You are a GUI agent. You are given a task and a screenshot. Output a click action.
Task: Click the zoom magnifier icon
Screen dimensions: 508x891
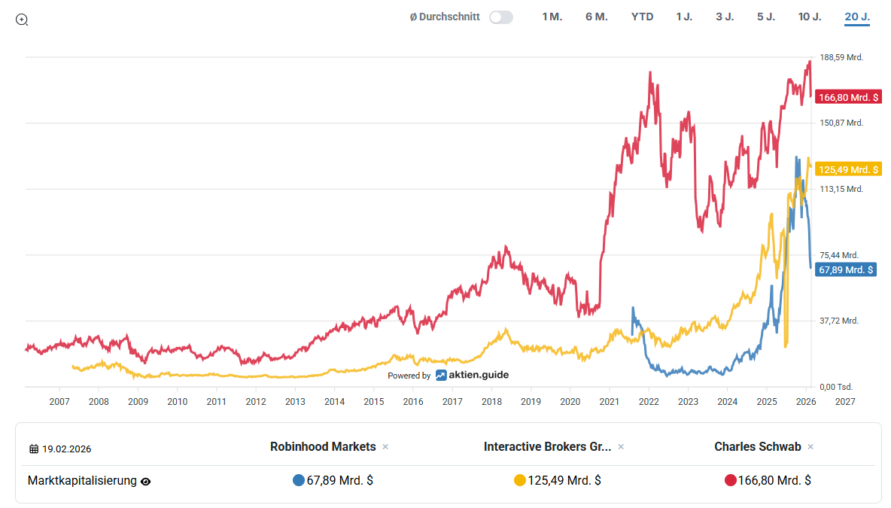pos(22,20)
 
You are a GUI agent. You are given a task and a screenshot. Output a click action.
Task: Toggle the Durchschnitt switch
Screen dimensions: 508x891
pos(500,17)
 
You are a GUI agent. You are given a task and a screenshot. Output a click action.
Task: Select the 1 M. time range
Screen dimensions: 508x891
pos(552,17)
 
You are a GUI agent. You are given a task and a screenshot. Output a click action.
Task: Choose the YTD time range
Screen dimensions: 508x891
pos(642,17)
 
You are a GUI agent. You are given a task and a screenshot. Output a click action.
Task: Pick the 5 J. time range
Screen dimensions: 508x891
pos(765,17)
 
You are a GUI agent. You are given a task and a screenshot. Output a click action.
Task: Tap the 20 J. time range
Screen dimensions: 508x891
pos(857,17)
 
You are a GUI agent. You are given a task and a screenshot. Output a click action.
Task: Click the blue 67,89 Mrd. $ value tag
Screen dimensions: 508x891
pos(846,269)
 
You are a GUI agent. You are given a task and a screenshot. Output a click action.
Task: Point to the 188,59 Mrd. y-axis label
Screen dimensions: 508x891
pos(841,57)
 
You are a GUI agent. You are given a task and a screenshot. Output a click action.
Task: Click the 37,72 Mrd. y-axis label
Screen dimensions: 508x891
pos(839,321)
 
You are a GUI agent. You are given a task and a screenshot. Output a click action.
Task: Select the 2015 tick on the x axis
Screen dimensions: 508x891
pos(374,402)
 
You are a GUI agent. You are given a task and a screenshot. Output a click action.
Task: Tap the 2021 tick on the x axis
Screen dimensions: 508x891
pos(610,402)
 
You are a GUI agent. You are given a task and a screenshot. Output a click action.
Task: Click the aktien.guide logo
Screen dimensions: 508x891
pos(472,375)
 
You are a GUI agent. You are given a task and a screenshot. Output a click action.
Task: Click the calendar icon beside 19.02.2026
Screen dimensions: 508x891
pos(34,449)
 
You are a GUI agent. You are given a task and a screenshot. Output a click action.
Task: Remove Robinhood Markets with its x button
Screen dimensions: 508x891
pos(385,447)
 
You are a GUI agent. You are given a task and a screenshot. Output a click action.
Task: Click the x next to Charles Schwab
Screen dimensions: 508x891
pos(810,447)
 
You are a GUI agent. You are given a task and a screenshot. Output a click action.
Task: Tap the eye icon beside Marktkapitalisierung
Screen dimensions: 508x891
pos(146,482)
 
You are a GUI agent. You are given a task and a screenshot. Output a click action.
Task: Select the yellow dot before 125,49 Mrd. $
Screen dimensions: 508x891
pos(519,480)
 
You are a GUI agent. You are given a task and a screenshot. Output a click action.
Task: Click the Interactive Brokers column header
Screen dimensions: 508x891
pos(547,447)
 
